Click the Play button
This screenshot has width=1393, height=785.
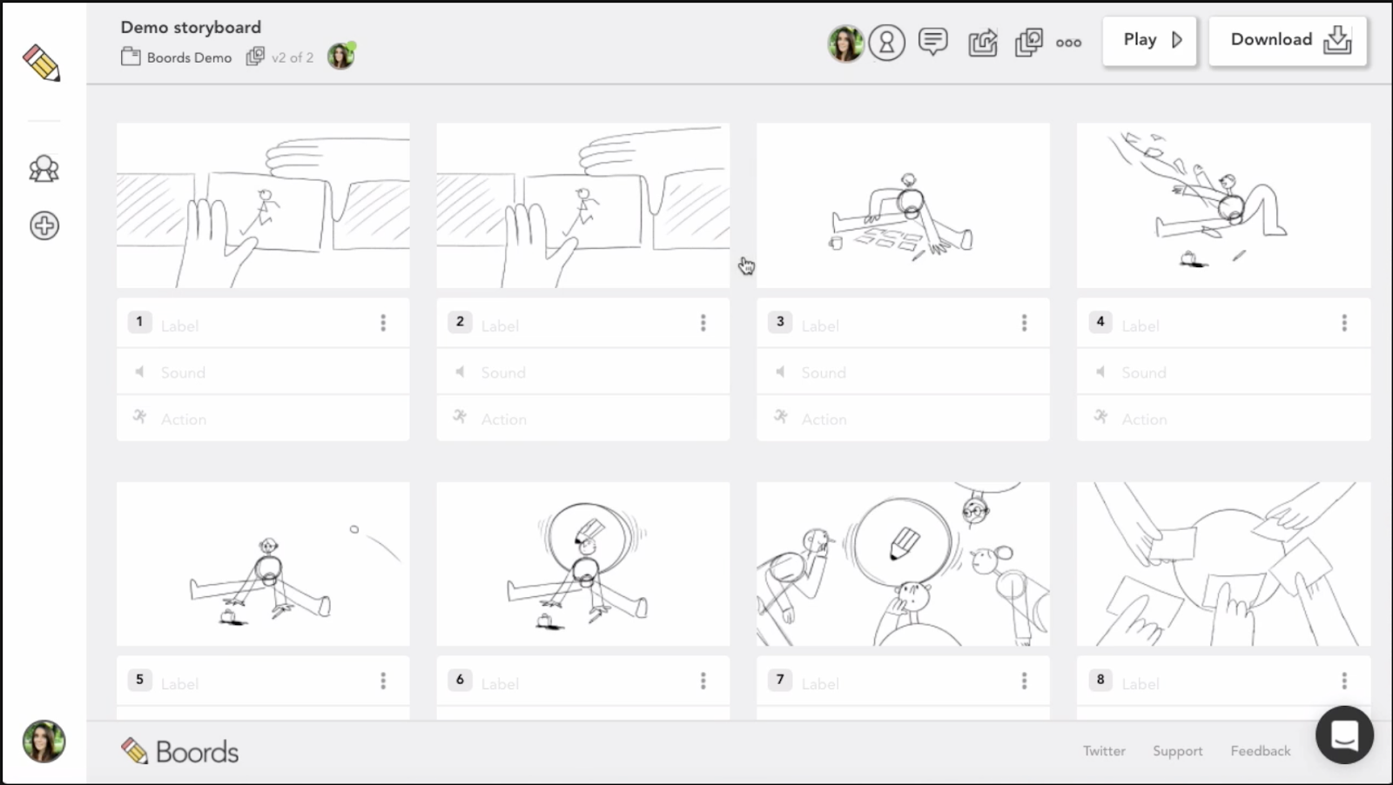pyautogui.click(x=1149, y=40)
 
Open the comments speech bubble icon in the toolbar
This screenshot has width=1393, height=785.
pyautogui.click(x=932, y=42)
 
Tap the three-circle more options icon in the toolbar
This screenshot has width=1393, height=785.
pyautogui.click(x=1068, y=43)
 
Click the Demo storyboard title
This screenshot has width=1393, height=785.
pyautogui.click(x=191, y=27)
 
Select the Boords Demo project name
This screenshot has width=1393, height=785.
pyautogui.click(x=189, y=57)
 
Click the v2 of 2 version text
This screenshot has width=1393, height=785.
pyautogui.click(x=293, y=57)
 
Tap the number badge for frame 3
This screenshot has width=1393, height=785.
pyautogui.click(x=780, y=322)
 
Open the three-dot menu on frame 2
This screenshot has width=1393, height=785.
pyautogui.click(x=703, y=323)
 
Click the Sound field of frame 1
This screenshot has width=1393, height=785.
pyautogui.click(x=263, y=372)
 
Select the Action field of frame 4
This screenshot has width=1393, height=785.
pyautogui.click(x=1223, y=419)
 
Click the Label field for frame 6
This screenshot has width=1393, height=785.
pyautogui.click(x=584, y=683)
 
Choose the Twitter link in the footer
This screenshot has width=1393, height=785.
pyautogui.click(x=1104, y=751)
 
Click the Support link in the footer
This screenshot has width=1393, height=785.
pyautogui.click(x=1177, y=751)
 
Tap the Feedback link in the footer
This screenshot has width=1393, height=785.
pyautogui.click(x=1260, y=751)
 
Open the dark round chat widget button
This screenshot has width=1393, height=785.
pyautogui.click(x=1344, y=735)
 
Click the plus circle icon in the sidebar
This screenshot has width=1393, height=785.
pyautogui.click(x=44, y=225)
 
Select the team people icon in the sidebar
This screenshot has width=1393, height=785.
pyautogui.click(x=44, y=169)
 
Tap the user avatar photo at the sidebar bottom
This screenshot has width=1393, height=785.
pyautogui.click(x=44, y=741)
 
